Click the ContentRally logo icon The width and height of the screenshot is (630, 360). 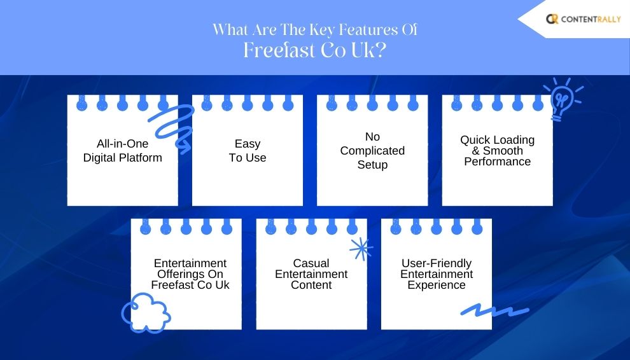coord(552,19)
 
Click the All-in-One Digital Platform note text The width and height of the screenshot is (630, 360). coord(123,151)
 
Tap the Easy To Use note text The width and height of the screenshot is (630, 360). coord(248,151)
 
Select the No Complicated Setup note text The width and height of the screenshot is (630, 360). coord(372,151)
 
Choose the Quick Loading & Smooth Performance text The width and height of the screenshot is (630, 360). coord(497,151)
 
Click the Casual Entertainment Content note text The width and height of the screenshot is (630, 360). coord(311,274)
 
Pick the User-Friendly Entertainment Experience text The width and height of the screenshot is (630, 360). coord(437,274)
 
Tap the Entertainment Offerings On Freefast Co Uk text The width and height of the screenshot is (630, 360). coord(190,274)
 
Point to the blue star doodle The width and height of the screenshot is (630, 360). coord(361,248)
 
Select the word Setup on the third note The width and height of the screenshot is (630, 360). coord(372,165)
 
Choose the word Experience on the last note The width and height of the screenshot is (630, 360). coord(437,286)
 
